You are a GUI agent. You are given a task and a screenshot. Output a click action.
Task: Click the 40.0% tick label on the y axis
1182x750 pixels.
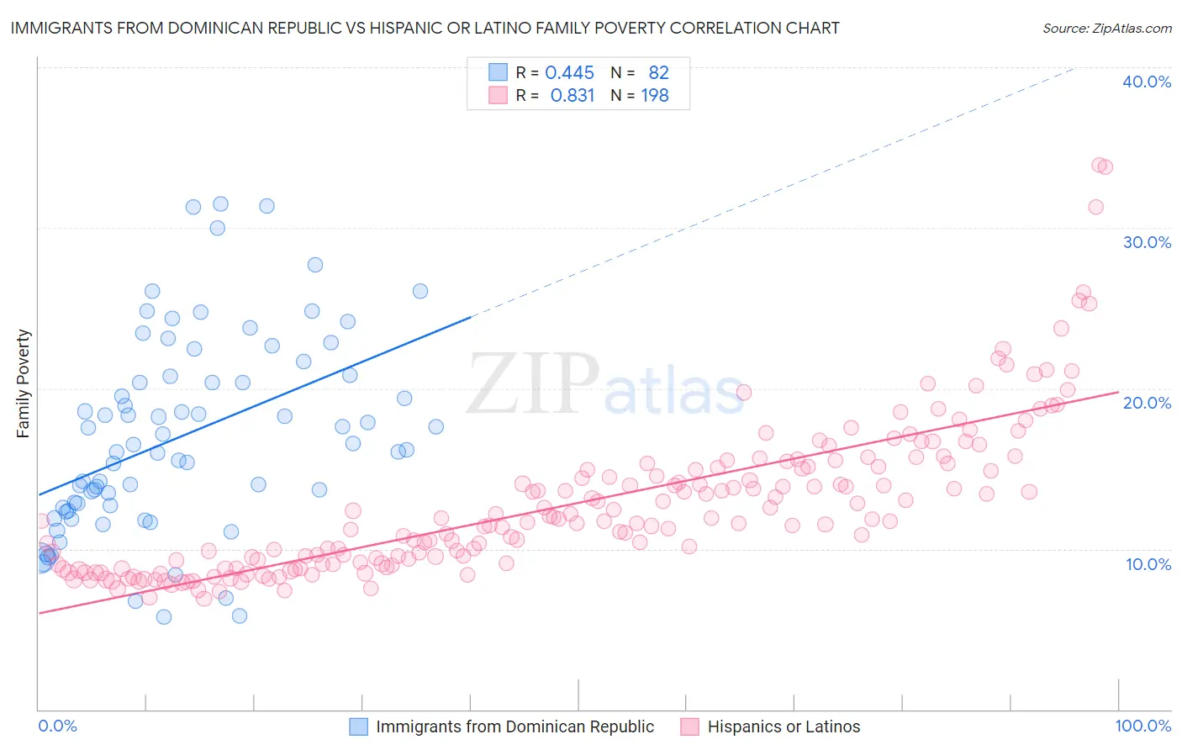pos(1147,82)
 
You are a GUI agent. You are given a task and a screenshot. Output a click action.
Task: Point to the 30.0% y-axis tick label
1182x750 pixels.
pos(1147,242)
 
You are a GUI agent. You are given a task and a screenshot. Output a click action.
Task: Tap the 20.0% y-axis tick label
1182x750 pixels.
pos(1147,403)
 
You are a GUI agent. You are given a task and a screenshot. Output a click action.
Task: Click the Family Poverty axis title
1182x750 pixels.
pos(24,383)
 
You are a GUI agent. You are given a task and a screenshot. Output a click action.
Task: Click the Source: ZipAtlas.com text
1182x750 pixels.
pos(1106,29)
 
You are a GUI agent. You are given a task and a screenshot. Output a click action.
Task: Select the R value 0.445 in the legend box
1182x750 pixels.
pos(569,73)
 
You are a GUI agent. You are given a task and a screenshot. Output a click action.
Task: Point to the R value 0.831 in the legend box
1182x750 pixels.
pos(572,96)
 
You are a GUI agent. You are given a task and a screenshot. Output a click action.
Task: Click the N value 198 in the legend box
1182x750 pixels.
pos(655,96)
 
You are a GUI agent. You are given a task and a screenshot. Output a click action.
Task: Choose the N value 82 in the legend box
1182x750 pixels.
pos(658,73)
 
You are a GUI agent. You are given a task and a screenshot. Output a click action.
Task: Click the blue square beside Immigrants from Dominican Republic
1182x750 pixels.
pos(359,726)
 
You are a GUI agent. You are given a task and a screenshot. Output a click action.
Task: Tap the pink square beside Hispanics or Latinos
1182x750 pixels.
pos(690,726)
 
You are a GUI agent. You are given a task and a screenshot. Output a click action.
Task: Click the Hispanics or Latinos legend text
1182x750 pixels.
pos(784,726)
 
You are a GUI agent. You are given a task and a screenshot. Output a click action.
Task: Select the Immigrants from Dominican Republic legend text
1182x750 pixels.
pos(514,726)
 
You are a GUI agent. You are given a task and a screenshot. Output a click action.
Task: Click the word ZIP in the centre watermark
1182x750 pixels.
pos(532,383)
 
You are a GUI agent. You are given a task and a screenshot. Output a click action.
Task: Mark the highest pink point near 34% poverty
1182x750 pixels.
pos(1099,166)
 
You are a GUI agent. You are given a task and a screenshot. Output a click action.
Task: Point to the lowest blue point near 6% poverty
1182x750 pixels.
pos(164,617)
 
